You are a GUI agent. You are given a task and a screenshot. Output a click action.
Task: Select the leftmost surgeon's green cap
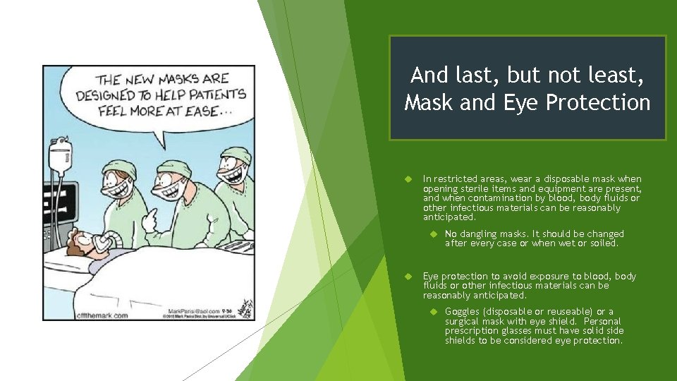tap(121, 169)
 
